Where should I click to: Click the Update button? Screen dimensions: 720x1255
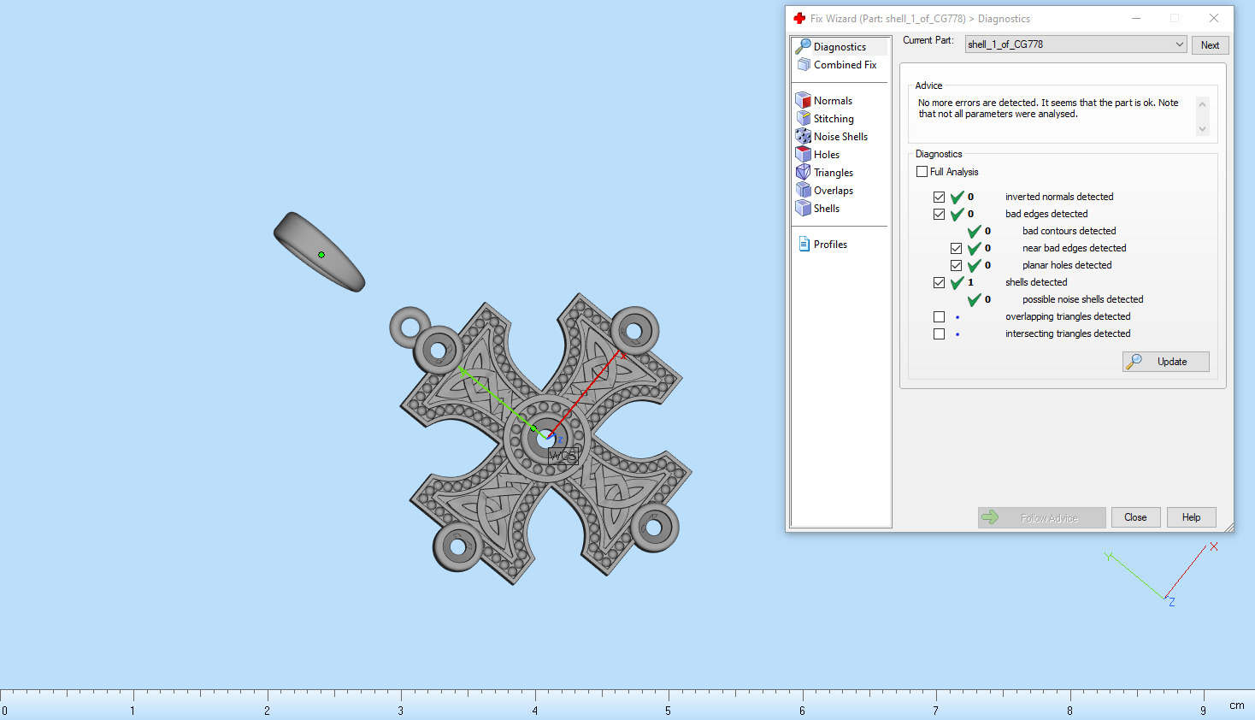pyautogui.click(x=1165, y=362)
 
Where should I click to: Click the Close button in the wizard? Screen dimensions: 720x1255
pyautogui.click(x=1135, y=517)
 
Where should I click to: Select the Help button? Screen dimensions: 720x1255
pyautogui.click(x=1191, y=517)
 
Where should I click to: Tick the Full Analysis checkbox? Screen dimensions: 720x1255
pyautogui.click(x=922, y=172)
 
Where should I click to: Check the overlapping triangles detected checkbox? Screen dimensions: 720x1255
pyautogui.click(x=940, y=316)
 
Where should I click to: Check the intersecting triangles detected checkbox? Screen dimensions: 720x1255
pyautogui.click(x=940, y=333)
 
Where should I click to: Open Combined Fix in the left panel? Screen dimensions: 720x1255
pyautogui.click(x=844, y=65)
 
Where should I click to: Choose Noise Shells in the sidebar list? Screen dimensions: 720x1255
pyautogui.click(x=840, y=137)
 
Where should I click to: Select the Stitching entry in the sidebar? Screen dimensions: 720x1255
pyautogui.click(x=833, y=119)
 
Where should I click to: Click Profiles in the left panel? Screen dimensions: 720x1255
pyautogui.click(x=829, y=245)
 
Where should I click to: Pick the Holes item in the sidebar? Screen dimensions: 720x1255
pyautogui.click(x=826, y=155)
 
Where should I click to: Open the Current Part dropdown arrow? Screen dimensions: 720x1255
pyautogui.click(x=1179, y=44)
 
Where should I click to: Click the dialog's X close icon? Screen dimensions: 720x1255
pyautogui.click(x=1213, y=18)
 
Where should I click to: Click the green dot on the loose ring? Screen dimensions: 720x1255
pyautogui.click(x=321, y=255)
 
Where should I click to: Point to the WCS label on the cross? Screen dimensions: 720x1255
pyautogui.click(x=563, y=456)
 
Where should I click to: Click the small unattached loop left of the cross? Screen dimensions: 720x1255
pyautogui.click(x=410, y=326)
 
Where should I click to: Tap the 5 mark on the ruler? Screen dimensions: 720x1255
pyautogui.click(x=668, y=710)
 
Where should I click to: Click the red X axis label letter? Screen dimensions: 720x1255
pyautogui.click(x=1213, y=546)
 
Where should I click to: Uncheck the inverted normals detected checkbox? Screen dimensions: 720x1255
pyautogui.click(x=940, y=197)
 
